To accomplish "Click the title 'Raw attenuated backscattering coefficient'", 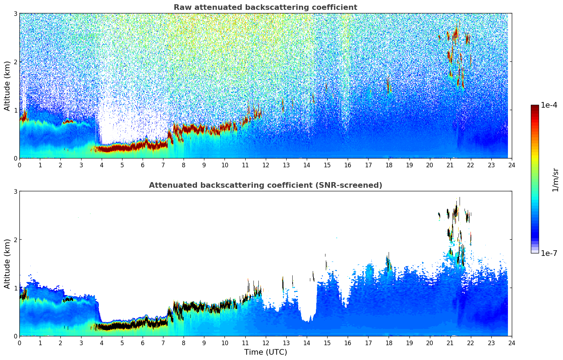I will tap(265, 7).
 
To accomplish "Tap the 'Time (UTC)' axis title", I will tap(265, 352).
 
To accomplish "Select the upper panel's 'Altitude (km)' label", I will tap(7, 86).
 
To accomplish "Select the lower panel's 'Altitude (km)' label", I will tap(7, 264).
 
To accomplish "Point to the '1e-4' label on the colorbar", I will tap(549, 105).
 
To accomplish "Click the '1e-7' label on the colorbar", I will tap(549, 253).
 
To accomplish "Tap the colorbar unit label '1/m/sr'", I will tap(555, 180).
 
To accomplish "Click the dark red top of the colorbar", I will tap(535, 107).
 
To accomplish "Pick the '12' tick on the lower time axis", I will tap(265, 343).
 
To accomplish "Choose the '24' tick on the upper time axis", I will tap(511, 165).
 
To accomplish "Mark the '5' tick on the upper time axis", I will tap(122, 165).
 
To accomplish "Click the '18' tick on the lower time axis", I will tap(389, 343).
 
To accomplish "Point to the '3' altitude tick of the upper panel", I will tap(16, 14).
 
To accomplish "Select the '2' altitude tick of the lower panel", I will tap(16, 240).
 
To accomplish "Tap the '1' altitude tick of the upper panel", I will tap(16, 110).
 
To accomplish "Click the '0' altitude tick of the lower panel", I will tap(16, 336).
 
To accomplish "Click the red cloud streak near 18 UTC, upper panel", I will tap(388, 86).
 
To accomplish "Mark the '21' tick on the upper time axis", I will tap(450, 165).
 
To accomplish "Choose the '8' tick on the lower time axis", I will tap(184, 343).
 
